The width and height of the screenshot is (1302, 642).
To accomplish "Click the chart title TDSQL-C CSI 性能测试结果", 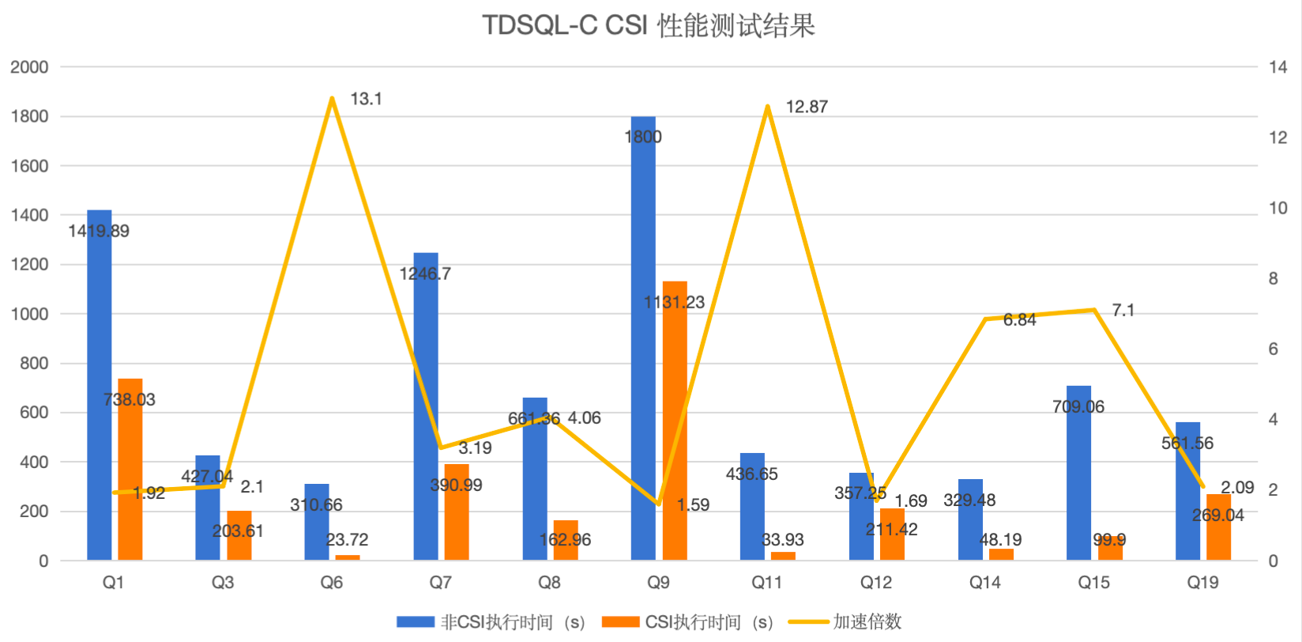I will coord(648,26).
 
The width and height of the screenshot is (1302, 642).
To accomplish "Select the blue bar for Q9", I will coord(643,340).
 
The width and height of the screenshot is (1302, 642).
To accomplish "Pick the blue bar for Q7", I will coord(426,407).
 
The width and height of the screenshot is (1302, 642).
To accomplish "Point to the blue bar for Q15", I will coord(1078,474).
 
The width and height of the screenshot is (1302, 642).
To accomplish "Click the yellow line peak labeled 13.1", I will coord(333,99).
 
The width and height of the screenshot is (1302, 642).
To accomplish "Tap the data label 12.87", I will coord(807,107).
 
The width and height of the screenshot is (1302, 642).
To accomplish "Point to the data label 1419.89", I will coord(99,231).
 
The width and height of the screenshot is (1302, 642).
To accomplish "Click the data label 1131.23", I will coord(674,302).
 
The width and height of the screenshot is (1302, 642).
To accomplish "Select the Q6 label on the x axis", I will coord(332,583).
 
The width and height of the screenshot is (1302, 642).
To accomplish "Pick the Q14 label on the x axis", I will coord(984,583).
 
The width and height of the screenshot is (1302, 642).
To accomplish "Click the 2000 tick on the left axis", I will coord(29,67).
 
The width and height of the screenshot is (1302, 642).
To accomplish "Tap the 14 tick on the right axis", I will coord(1278,67).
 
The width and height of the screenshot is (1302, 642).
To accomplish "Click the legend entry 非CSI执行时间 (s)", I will coord(490,622).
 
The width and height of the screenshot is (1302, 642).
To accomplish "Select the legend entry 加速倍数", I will coord(845,622).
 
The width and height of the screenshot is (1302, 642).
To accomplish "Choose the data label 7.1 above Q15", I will coord(1123,311).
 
